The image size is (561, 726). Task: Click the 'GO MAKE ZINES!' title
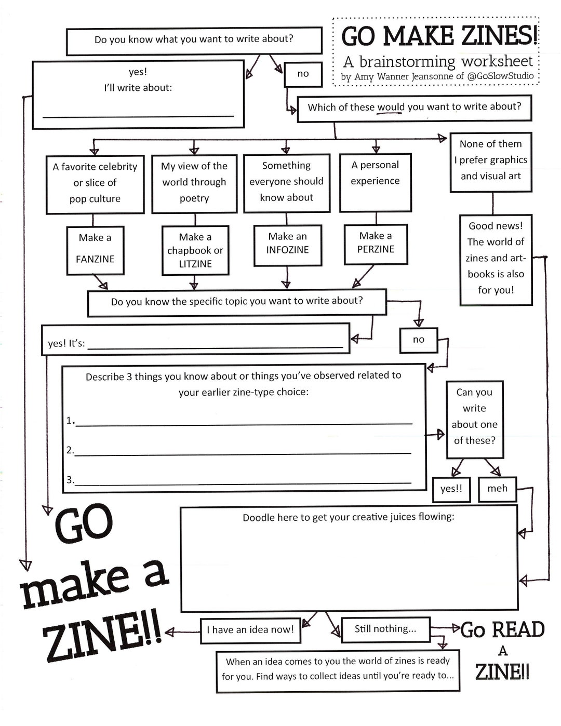pyautogui.click(x=439, y=36)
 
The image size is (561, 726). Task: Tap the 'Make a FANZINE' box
pyautogui.click(x=95, y=250)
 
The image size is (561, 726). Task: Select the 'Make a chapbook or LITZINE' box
pyautogui.click(x=195, y=250)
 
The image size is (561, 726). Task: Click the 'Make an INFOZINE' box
pyautogui.click(x=287, y=245)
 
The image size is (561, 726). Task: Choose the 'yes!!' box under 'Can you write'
pyautogui.click(x=451, y=489)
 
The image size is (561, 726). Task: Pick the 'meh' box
pyautogui.click(x=497, y=489)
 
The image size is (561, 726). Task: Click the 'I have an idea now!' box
pyautogui.click(x=250, y=630)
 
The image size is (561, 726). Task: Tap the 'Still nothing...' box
pyautogui.click(x=385, y=629)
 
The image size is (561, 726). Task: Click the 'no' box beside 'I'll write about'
pyautogui.click(x=303, y=74)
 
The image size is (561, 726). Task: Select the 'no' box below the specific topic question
pyautogui.click(x=419, y=340)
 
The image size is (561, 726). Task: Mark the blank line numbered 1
pyautogui.click(x=244, y=423)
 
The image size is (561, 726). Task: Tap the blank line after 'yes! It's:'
pyautogui.click(x=216, y=345)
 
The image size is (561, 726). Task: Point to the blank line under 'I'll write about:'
pyautogui.click(x=138, y=115)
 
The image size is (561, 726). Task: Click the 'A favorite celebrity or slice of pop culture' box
pyautogui.click(x=95, y=184)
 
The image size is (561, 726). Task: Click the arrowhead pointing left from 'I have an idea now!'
pyautogui.click(x=169, y=632)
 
